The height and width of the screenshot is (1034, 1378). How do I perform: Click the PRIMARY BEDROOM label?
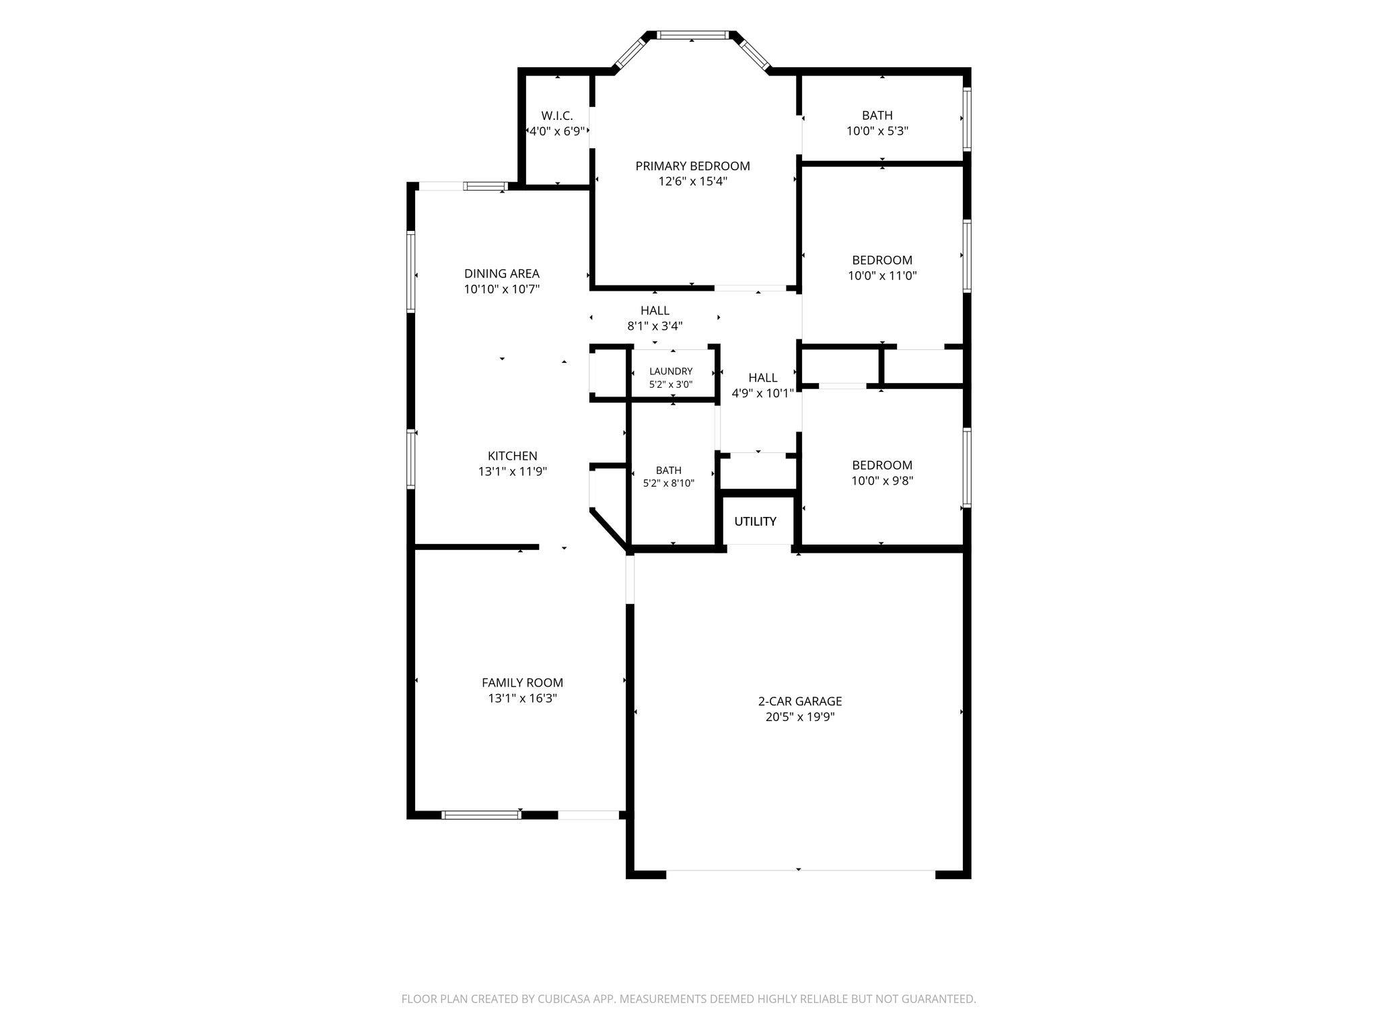tap(692, 166)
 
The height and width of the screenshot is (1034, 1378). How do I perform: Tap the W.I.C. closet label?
tap(557, 116)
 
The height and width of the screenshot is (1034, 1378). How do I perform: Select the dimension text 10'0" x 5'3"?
tap(877, 131)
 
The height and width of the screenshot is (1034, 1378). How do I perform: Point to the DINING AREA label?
tap(502, 273)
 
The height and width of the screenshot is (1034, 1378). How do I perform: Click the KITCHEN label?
tap(513, 456)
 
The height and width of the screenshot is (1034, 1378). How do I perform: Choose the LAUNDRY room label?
tap(671, 372)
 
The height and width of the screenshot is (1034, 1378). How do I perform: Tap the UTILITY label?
tap(755, 521)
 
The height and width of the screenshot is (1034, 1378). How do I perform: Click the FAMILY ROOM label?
tap(522, 683)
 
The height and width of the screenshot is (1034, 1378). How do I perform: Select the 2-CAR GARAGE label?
tap(800, 701)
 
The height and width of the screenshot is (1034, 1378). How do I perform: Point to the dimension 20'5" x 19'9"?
tap(800, 717)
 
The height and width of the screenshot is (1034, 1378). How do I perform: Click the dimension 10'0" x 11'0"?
tap(882, 275)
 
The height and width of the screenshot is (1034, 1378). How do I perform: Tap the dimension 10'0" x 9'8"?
tap(882, 481)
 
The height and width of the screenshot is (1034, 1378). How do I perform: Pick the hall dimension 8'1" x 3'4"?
tap(655, 326)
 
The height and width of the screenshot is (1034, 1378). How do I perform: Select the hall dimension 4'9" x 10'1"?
tap(762, 393)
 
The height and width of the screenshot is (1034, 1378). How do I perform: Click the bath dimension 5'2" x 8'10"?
tap(669, 483)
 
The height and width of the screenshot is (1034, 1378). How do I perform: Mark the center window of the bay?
tap(692, 35)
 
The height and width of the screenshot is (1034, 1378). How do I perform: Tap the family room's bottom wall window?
tap(481, 815)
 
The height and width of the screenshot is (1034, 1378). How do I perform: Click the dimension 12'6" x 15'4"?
tap(692, 181)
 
